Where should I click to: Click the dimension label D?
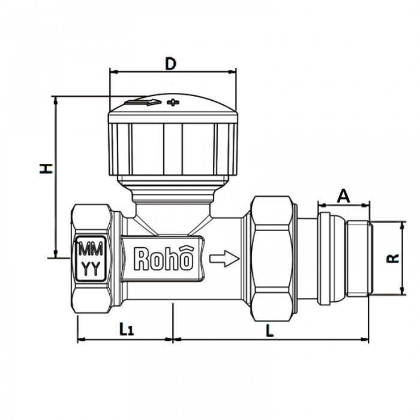[170, 64]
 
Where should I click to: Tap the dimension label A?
[343, 196]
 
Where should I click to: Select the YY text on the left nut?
[91, 268]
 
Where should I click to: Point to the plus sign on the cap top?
[173, 102]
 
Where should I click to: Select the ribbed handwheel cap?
[172, 144]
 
